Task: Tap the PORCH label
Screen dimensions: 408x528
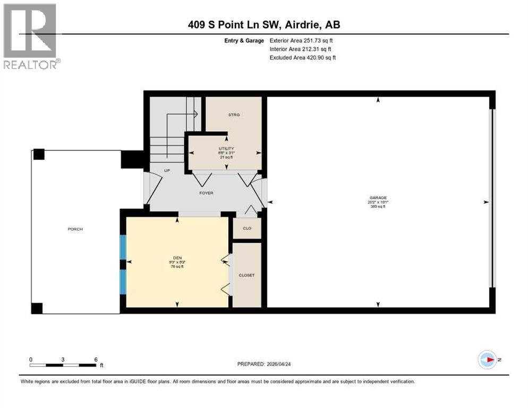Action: (x=75, y=229)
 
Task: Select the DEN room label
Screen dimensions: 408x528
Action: (x=177, y=257)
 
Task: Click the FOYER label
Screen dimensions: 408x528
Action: (x=206, y=193)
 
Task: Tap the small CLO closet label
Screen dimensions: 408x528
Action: (x=247, y=228)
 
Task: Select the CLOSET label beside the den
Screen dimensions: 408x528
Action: (x=247, y=275)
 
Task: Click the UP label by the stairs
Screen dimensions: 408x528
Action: (x=166, y=171)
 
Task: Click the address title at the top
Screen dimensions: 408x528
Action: (x=263, y=25)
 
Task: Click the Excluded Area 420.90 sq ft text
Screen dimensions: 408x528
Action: (x=303, y=57)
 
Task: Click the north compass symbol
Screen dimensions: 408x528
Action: (x=487, y=360)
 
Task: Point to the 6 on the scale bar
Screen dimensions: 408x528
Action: (x=96, y=359)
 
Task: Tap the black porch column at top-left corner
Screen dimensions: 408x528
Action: (x=38, y=155)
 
